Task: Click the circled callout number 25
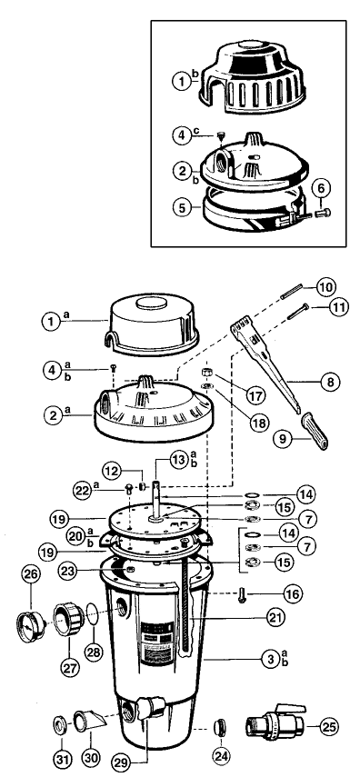[328, 727]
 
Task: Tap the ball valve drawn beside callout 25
[275, 724]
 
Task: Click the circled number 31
[62, 758]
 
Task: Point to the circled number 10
[326, 286]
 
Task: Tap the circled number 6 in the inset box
[321, 189]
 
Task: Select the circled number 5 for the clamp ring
[183, 207]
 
